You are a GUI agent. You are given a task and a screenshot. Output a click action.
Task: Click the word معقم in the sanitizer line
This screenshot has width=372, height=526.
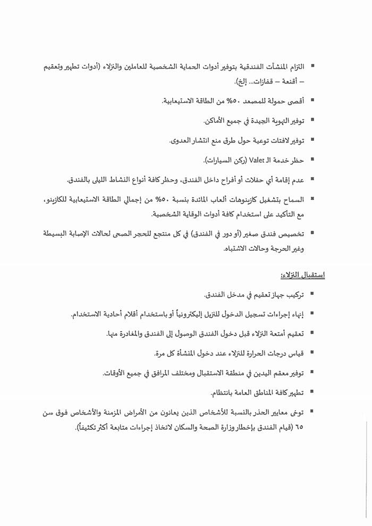click(x=270, y=373)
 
